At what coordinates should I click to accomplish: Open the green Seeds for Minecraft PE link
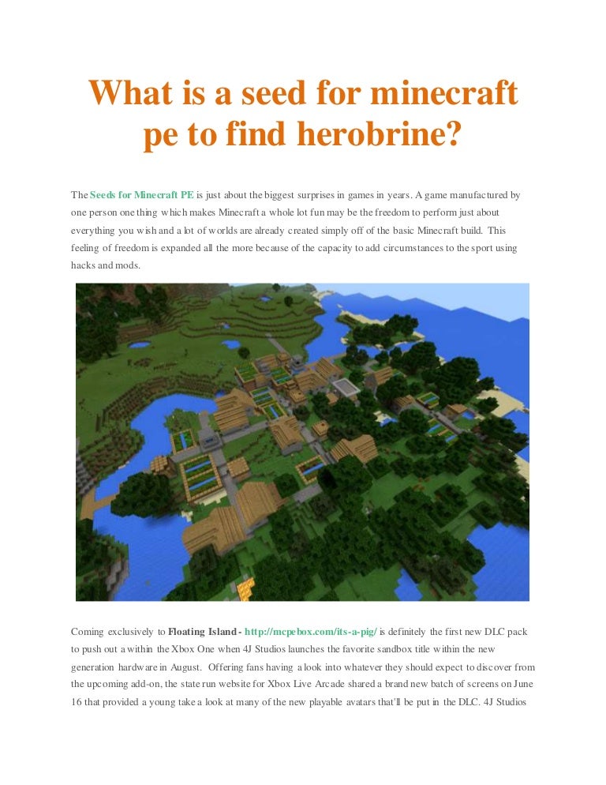tap(141, 194)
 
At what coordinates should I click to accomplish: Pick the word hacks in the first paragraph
tap(84, 265)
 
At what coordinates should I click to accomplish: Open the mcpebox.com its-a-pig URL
tap(311, 632)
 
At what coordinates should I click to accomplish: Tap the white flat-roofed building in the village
tap(345, 386)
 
